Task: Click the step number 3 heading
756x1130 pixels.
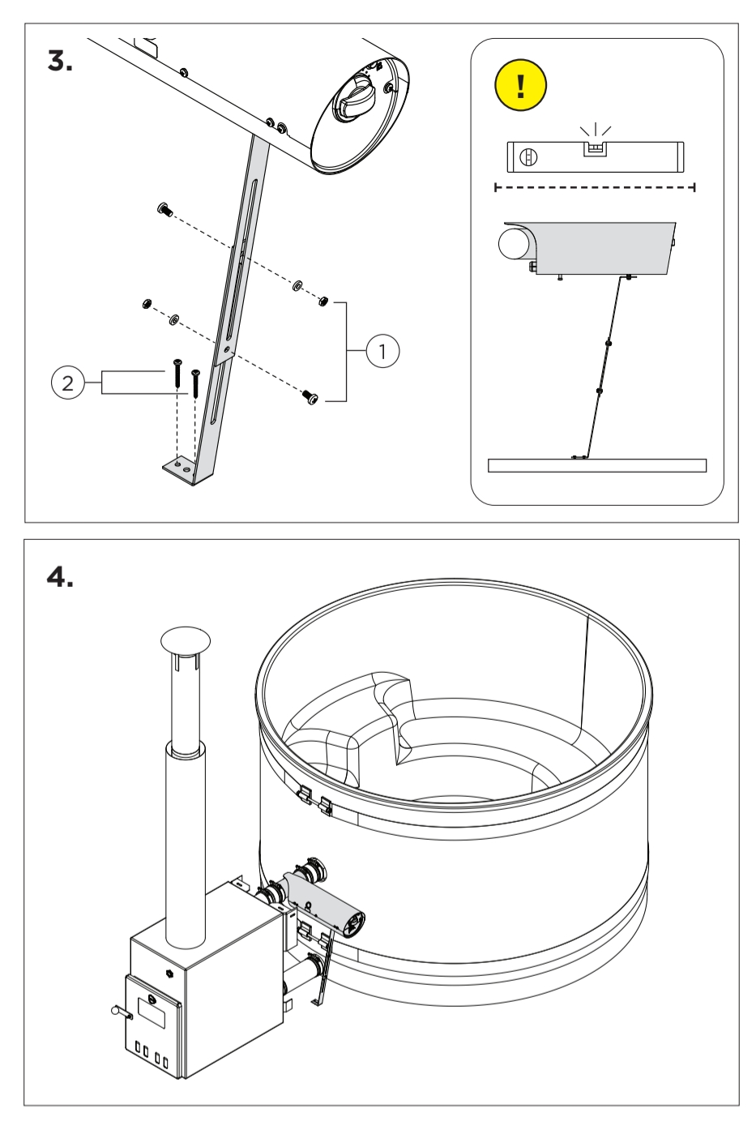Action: coord(60,61)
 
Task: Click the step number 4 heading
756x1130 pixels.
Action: coord(60,577)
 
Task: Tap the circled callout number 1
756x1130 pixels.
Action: coord(382,352)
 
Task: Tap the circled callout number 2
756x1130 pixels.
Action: coord(67,382)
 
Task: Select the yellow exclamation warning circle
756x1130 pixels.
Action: coord(521,84)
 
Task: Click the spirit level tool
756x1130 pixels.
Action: coord(596,156)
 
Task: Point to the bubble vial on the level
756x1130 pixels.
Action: coord(596,148)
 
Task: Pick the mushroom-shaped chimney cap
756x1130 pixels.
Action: coord(186,639)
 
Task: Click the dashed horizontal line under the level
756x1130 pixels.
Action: coord(596,187)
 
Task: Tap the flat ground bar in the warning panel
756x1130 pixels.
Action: coord(597,465)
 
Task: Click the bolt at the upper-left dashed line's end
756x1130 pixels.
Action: coord(163,211)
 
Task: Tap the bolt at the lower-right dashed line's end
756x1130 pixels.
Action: coord(310,396)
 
